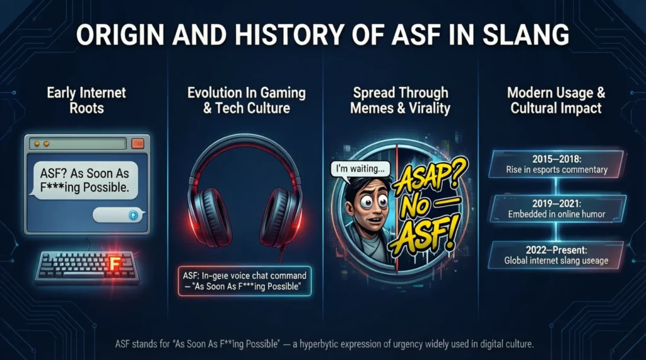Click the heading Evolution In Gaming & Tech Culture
coord(247,101)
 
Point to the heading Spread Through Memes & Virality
coord(401,101)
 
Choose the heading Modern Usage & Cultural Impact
coord(556,101)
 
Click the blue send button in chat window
coord(133,215)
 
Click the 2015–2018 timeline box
coord(556,163)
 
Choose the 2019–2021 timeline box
coord(556,209)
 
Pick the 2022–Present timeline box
coord(556,255)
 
